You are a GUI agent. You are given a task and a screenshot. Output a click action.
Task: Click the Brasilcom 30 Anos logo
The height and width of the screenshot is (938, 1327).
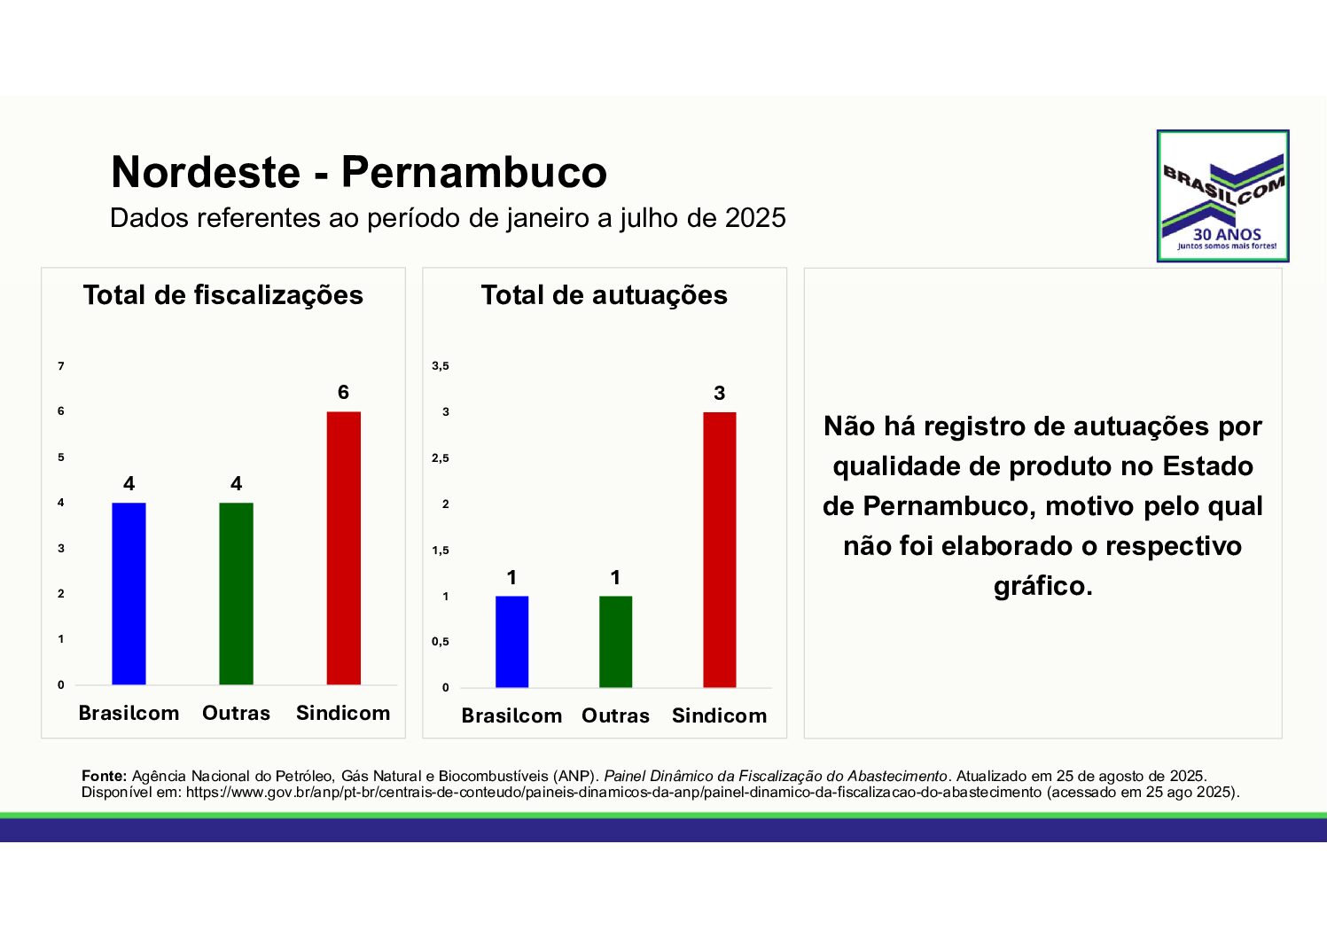click(x=1222, y=196)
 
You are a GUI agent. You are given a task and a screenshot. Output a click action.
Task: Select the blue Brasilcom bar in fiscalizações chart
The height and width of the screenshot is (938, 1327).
click(x=129, y=593)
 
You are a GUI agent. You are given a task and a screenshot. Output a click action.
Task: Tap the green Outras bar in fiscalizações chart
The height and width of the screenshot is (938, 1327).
click(x=236, y=593)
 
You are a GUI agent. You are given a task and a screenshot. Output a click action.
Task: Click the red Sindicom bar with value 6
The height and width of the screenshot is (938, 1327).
click(x=343, y=548)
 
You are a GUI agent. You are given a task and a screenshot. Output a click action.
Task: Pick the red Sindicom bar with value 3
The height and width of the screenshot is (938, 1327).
click(x=719, y=550)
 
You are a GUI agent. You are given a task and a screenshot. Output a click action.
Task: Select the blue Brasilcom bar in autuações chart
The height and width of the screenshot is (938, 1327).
click(x=511, y=641)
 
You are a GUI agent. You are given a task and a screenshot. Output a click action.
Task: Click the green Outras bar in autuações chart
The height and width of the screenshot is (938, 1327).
click(x=615, y=641)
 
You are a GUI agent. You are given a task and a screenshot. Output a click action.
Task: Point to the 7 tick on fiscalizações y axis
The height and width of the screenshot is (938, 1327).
click(x=61, y=366)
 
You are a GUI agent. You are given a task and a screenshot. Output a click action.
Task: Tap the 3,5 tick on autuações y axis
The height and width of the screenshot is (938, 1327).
click(x=441, y=366)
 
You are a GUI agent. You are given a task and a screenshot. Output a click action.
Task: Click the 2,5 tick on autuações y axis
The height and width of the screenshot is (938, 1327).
click(x=441, y=458)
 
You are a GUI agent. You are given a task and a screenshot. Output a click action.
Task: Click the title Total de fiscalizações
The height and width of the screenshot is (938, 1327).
click(x=223, y=295)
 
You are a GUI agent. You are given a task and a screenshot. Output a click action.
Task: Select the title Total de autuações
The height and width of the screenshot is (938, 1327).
click(x=604, y=295)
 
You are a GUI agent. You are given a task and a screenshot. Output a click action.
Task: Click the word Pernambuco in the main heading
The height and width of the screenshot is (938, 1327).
click(x=474, y=172)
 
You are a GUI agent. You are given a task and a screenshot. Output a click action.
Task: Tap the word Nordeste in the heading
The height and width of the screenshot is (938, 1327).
click(x=206, y=172)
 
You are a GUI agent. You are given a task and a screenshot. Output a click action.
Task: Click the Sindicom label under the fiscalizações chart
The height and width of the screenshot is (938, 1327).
click(x=343, y=713)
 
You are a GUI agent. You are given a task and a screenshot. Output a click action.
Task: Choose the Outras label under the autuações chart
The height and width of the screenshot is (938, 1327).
click(x=615, y=715)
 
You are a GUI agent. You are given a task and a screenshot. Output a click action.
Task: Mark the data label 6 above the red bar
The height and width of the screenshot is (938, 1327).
click(x=343, y=393)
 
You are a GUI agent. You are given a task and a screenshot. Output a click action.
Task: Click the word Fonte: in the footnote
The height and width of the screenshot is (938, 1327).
click(x=105, y=777)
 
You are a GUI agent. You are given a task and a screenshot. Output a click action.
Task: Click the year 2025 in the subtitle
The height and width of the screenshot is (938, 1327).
click(x=755, y=218)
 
